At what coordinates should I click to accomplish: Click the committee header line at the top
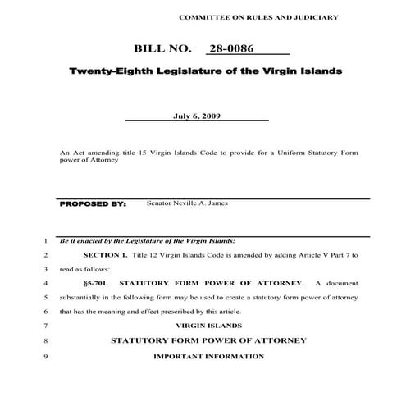coord(258,16)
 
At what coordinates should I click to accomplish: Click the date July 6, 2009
coord(196,116)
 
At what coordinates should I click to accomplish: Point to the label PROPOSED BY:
coord(93,203)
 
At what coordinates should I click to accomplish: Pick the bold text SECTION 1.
coord(106,255)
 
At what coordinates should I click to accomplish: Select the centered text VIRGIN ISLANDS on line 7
coord(208,326)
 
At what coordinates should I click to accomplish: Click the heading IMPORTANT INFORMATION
coord(208,356)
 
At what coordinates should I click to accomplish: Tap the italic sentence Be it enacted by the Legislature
coord(147,241)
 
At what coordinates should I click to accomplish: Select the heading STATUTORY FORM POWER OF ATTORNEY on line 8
coord(208,340)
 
